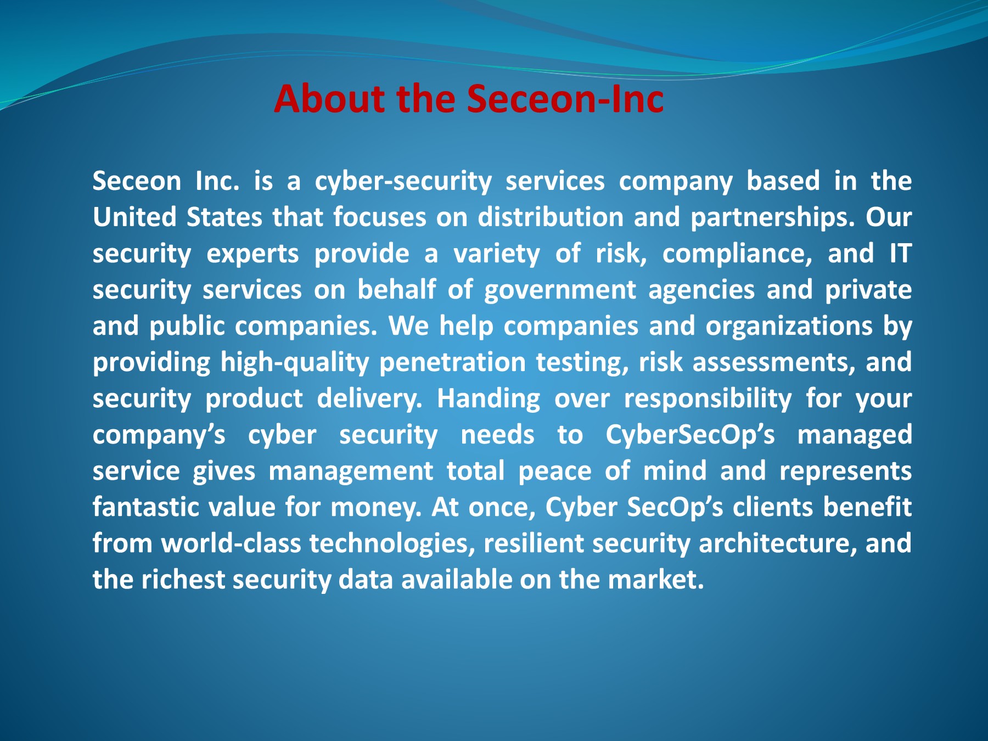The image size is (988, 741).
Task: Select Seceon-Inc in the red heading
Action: [x=565, y=99]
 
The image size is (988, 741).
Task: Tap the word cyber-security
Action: [x=403, y=182]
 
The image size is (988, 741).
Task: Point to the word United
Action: [x=134, y=217]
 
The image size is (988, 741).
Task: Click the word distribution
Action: [x=551, y=217]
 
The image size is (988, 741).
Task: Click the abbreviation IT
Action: [x=900, y=253]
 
